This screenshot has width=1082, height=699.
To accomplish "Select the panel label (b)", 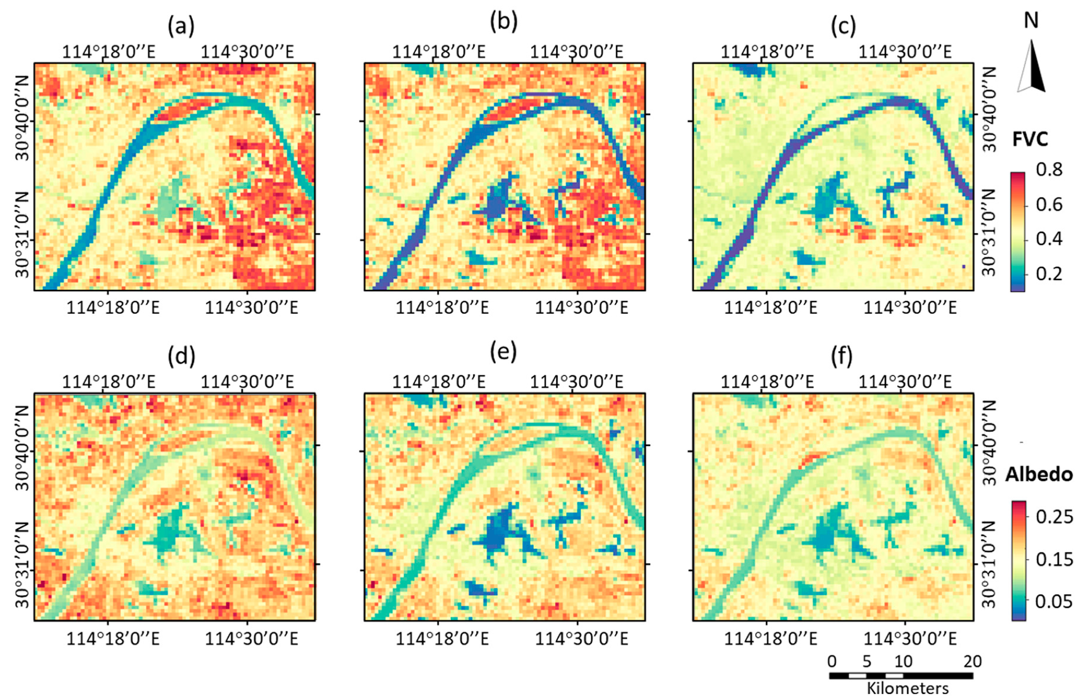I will pyautogui.click(x=503, y=22).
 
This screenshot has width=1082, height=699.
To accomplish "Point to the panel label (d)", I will pyautogui.click(x=181, y=356).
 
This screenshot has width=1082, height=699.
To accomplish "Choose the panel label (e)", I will pyautogui.click(x=503, y=351).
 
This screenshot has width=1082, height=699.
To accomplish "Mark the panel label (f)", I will pyautogui.click(x=841, y=356).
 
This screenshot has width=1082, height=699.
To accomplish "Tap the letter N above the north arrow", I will pyautogui.click(x=1031, y=21).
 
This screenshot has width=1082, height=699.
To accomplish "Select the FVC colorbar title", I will pyautogui.click(x=1030, y=139).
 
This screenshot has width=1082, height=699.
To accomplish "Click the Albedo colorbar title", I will pyautogui.click(x=1039, y=475).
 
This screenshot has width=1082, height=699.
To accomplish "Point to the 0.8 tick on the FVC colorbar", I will pyautogui.click(x=1049, y=169).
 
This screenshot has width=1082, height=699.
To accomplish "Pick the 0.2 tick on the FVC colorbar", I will pyautogui.click(x=1049, y=274).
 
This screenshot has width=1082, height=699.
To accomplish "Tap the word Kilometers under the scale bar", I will pyautogui.click(x=907, y=688).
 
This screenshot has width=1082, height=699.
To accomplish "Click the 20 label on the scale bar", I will pyautogui.click(x=972, y=661).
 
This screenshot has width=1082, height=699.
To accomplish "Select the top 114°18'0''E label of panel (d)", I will pyautogui.click(x=108, y=382).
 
